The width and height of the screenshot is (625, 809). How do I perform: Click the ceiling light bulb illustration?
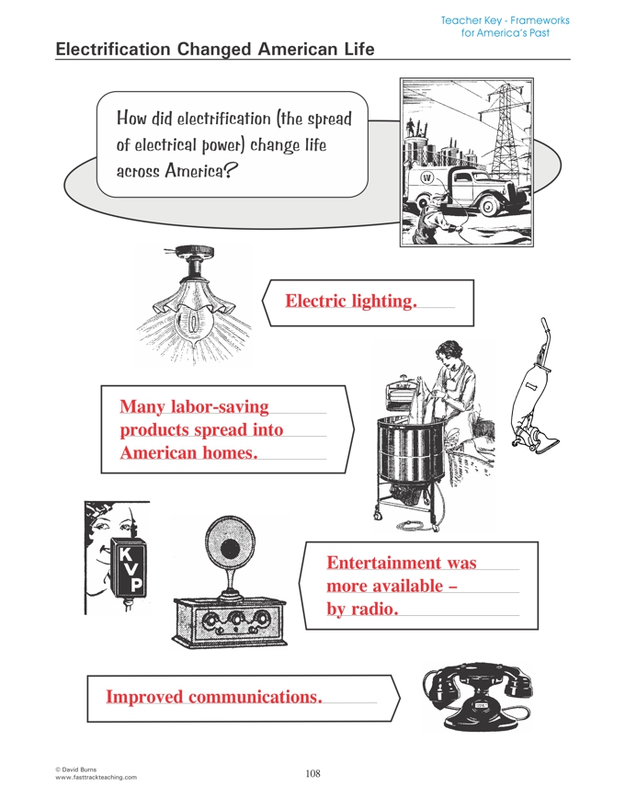point(193,304)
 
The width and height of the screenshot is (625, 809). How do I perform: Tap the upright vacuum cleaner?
point(534,386)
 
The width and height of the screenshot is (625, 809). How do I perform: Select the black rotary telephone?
point(478,697)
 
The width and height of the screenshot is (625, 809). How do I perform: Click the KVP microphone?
point(129,567)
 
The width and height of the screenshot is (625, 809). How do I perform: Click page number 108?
point(312,773)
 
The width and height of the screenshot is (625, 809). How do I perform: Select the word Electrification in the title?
point(112,49)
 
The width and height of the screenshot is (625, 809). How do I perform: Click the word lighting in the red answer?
point(383,302)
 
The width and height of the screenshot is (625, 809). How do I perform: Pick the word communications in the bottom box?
point(256,697)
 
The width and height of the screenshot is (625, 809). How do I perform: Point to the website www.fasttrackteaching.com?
point(96,778)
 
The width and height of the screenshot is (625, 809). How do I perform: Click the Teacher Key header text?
point(505,27)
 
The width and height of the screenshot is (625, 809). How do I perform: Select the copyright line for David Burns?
point(75,769)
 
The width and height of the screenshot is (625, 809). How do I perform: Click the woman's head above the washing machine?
point(451,355)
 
